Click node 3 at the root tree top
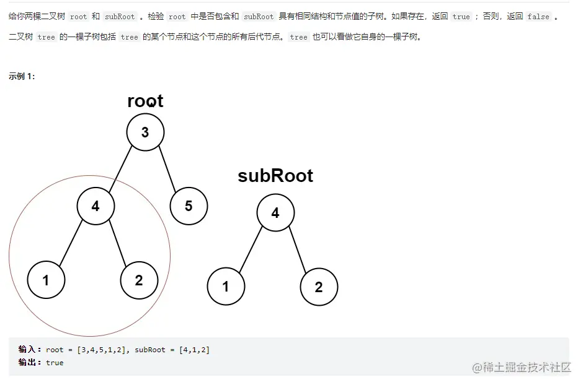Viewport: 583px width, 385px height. tap(145, 132)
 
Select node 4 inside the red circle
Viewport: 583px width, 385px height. tap(96, 206)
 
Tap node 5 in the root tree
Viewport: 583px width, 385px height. tap(189, 206)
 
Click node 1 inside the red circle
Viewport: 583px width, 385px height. tap(46, 280)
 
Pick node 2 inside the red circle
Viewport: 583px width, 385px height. tap(139, 280)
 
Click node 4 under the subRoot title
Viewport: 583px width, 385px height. tap(275, 213)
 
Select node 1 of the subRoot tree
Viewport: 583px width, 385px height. tap(226, 287)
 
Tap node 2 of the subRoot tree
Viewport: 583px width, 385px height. tap(319, 287)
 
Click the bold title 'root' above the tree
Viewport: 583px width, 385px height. tap(145, 101)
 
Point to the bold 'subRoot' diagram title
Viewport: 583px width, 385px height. tap(275, 176)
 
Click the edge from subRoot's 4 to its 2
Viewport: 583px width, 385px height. tap(297, 250)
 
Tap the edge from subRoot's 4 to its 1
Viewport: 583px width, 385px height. tap(251, 250)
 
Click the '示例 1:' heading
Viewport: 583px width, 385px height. tap(22, 76)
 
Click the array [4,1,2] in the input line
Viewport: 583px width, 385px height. tap(194, 350)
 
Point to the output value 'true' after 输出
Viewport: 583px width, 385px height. tap(55, 362)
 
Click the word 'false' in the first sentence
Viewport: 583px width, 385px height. tap(538, 17)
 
